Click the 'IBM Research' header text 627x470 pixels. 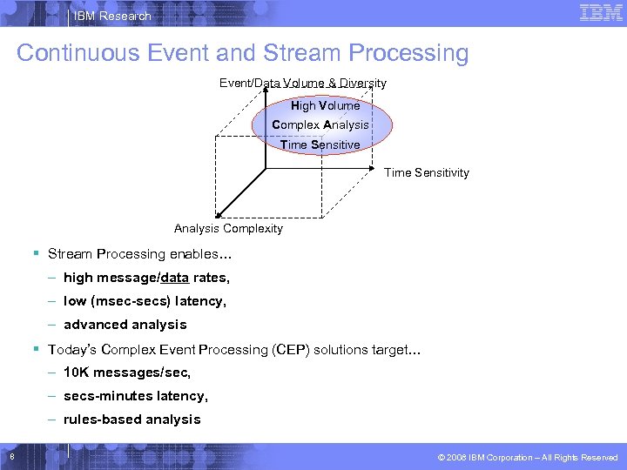click(x=112, y=16)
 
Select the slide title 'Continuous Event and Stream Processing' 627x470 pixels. click(x=242, y=53)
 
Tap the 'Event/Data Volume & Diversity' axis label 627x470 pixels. click(x=302, y=84)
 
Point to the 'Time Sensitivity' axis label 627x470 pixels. click(x=427, y=172)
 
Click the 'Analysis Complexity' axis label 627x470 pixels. click(x=228, y=228)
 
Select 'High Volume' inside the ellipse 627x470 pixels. click(x=325, y=105)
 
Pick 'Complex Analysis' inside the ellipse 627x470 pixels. click(x=320, y=124)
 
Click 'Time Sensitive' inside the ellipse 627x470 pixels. click(x=320, y=144)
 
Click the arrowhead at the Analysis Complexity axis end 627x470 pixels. click(x=218, y=212)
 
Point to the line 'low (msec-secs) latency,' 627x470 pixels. click(x=145, y=301)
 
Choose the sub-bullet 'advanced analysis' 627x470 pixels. click(x=125, y=325)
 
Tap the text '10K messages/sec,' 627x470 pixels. click(x=127, y=373)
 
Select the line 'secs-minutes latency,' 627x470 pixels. click(x=136, y=396)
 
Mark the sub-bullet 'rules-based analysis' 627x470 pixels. click(x=132, y=420)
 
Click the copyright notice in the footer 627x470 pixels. click(x=528, y=457)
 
